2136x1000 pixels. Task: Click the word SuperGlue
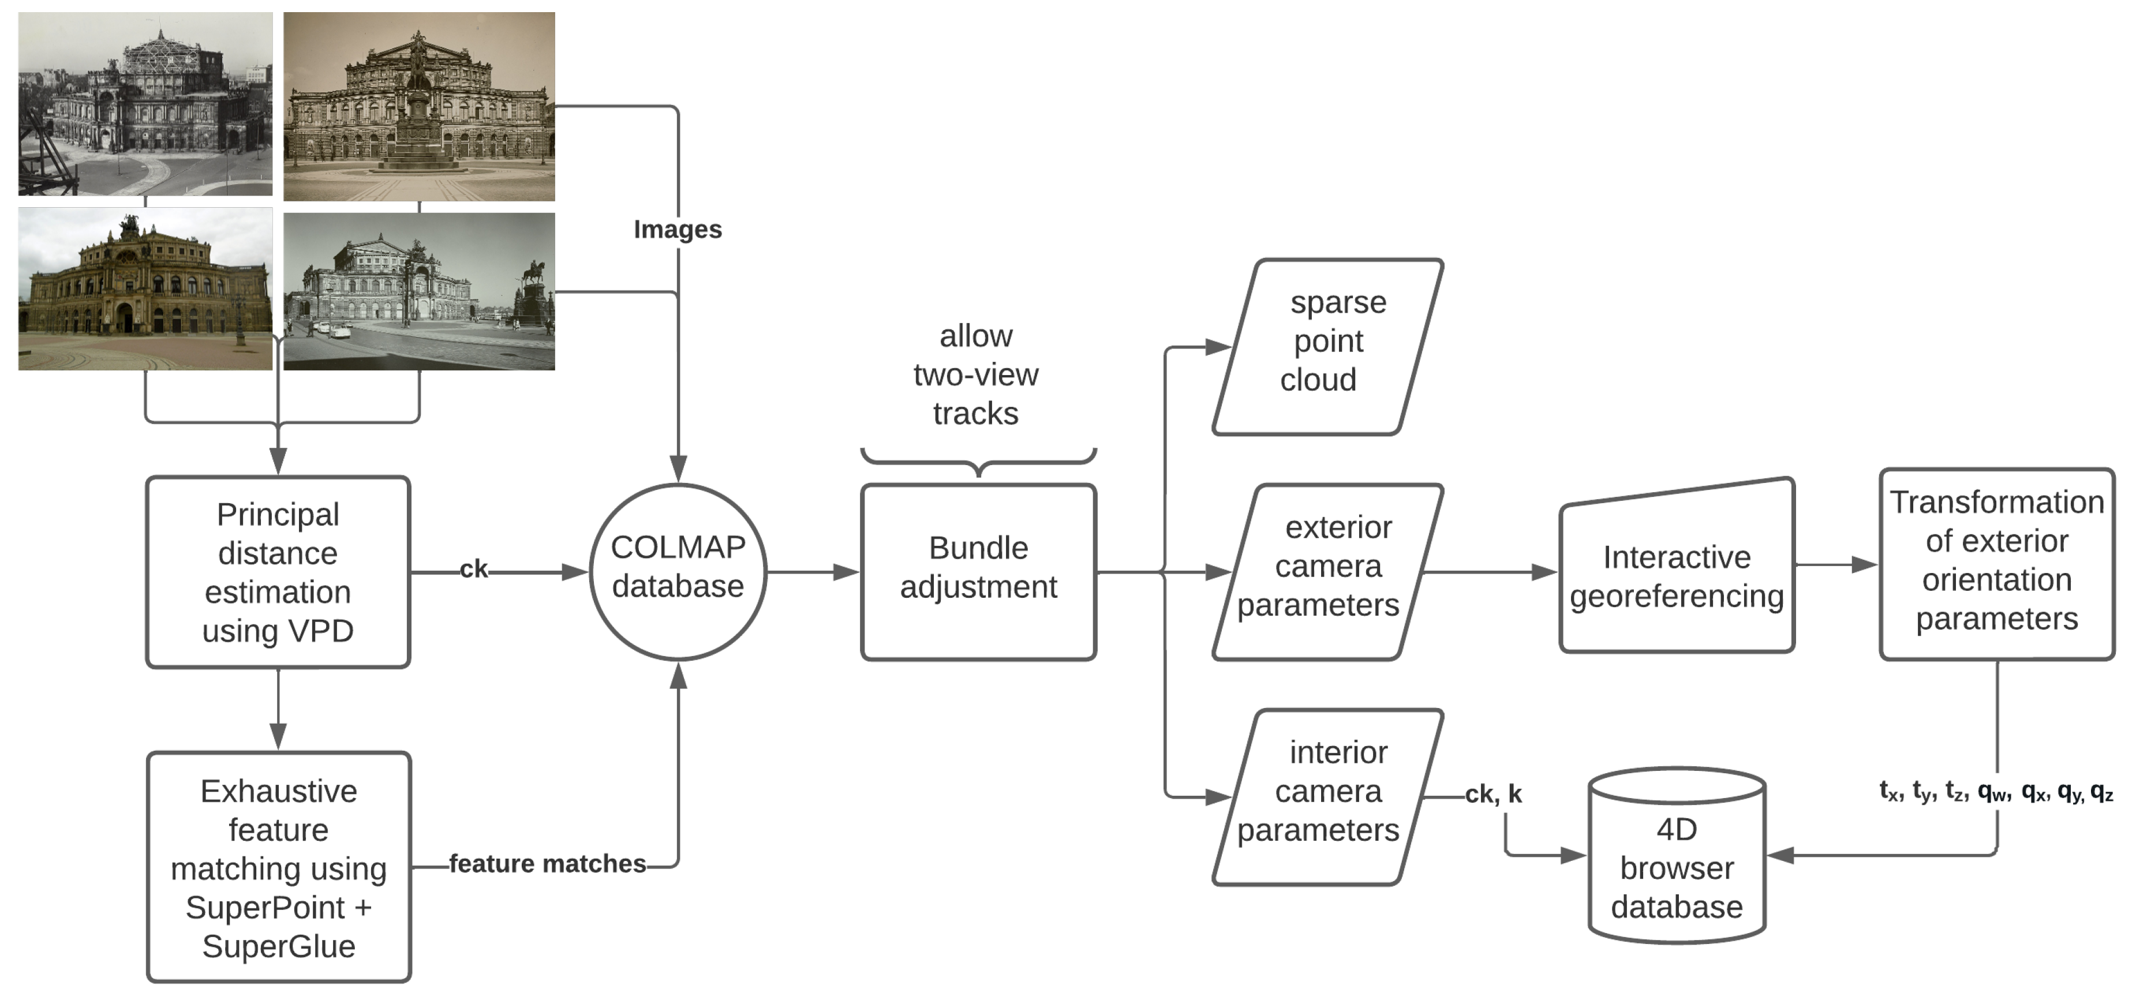click(279, 946)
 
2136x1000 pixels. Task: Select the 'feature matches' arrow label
click(547, 864)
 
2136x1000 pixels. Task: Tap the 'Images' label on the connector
click(678, 230)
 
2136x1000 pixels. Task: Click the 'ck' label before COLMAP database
click(473, 570)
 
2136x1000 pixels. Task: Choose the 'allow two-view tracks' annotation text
click(976, 375)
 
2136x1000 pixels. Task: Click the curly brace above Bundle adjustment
click(978, 460)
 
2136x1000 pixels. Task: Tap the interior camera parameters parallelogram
click(1327, 796)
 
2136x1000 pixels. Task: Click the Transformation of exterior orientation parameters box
click(1997, 564)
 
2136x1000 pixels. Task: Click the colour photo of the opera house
click(145, 289)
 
